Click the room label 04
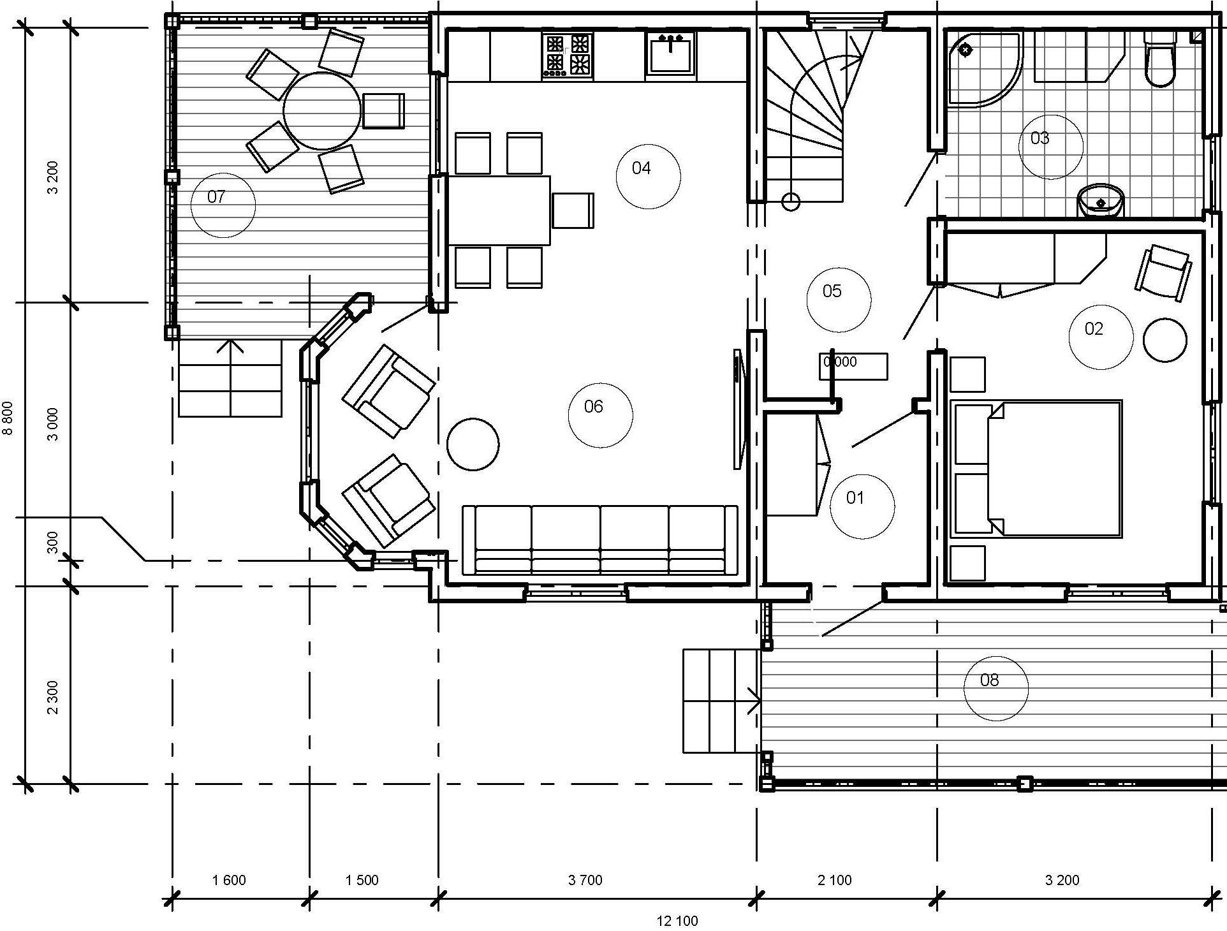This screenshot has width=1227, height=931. pyautogui.click(x=642, y=168)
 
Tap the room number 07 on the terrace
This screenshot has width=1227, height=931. pyautogui.click(x=216, y=197)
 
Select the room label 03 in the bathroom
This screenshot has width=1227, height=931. pyautogui.click(x=1040, y=138)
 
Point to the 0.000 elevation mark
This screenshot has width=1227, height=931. pyautogui.click(x=841, y=362)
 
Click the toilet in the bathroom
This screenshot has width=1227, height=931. pyautogui.click(x=1159, y=61)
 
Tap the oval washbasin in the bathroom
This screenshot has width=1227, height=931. pyautogui.click(x=1101, y=202)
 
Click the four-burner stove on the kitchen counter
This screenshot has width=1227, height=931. pyautogui.click(x=567, y=55)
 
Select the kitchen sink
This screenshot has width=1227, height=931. pyautogui.click(x=670, y=54)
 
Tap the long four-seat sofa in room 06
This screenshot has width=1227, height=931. pyautogui.click(x=599, y=539)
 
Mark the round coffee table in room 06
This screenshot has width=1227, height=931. pyautogui.click(x=473, y=444)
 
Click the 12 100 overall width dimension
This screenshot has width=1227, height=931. pyautogui.click(x=677, y=921)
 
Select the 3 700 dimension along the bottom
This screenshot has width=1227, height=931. pyautogui.click(x=585, y=881)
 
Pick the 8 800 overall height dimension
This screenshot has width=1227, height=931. pyautogui.click(x=8, y=418)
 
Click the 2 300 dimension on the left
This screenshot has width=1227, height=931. pyautogui.click(x=53, y=697)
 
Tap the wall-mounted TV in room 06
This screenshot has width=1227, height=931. pyautogui.click(x=738, y=409)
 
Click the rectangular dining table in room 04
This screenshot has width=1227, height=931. pyautogui.click(x=499, y=210)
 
